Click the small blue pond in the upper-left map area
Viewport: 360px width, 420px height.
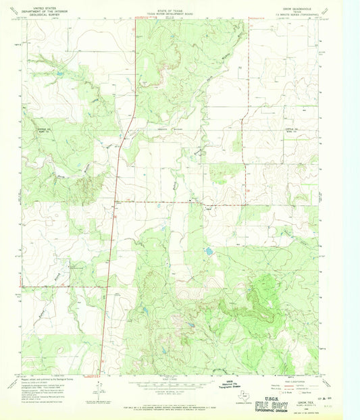tap(61, 73)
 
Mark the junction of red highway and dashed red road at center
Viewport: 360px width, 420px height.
tap(115, 201)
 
